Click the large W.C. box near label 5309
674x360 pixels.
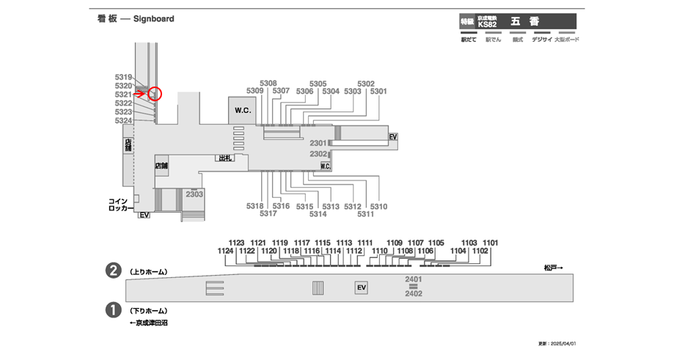pyautogui.click(x=243, y=110)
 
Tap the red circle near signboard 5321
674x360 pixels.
pyautogui.click(x=154, y=94)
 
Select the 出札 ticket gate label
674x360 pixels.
pyautogui.click(x=224, y=158)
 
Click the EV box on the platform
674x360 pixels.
pyautogui.click(x=360, y=287)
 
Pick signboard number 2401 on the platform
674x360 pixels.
pyautogui.click(x=414, y=279)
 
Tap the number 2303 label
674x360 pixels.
pyautogui.click(x=194, y=194)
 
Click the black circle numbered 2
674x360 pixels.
pyautogui.click(x=114, y=271)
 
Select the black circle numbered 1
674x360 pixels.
pyautogui.click(x=114, y=310)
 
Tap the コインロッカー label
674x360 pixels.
pyautogui.click(x=118, y=205)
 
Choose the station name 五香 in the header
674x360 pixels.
pyautogui.click(x=521, y=21)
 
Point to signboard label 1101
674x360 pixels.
pyautogui.click(x=490, y=242)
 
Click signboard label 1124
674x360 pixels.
pyautogui.click(x=226, y=251)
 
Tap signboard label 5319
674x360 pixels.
pyautogui.click(x=123, y=77)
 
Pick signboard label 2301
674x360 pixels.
pyautogui.click(x=318, y=142)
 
